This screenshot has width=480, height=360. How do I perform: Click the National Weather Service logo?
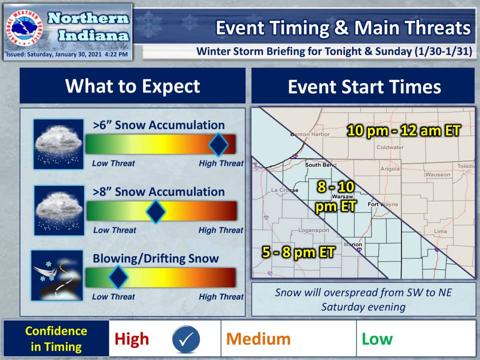coord(24,28)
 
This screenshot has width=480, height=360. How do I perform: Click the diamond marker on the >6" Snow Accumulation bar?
coord(218,144)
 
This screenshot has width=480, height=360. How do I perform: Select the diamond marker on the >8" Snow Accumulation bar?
coord(156,211)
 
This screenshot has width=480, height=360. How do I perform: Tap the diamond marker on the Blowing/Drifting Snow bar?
coord(118,277)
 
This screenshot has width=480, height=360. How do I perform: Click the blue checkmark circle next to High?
coord(186,339)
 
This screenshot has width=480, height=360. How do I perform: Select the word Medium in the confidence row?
coord(258,339)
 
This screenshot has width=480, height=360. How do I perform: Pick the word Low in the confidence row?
coord(377,339)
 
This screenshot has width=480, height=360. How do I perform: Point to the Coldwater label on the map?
coord(390,147)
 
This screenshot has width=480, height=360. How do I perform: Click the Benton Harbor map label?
coord(310,134)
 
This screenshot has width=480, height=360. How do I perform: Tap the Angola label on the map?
coord(390,169)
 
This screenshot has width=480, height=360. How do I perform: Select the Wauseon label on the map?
coord(438,175)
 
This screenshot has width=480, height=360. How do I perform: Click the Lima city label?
coord(440,231)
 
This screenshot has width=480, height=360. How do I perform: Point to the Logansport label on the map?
coord(314,230)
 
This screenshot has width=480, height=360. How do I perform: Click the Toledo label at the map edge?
coord(466,166)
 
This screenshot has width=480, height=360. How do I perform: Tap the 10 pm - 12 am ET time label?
coord(403,130)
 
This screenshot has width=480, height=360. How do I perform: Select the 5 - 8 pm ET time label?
coord(298,252)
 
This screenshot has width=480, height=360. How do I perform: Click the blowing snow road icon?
coord(57,275)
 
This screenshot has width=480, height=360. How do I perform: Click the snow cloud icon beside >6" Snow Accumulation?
coord(58,144)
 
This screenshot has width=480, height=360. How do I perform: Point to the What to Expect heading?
coord(132,86)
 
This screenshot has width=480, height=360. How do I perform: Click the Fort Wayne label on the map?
coord(383,204)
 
